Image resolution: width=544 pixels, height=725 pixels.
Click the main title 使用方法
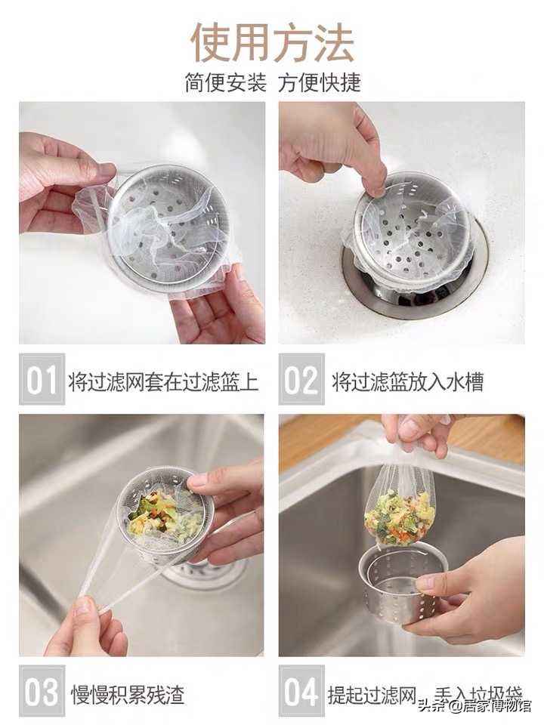tap(272, 42)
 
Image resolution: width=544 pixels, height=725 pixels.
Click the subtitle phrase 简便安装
tap(226, 82)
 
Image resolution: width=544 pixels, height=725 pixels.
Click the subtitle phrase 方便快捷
tap(319, 82)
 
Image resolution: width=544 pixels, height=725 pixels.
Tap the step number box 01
tap(42, 379)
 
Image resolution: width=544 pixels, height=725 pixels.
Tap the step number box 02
tap(301, 379)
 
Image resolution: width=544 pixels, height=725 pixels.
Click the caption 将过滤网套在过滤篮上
tap(163, 381)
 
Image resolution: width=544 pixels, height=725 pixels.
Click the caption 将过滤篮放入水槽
tap(407, 381)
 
